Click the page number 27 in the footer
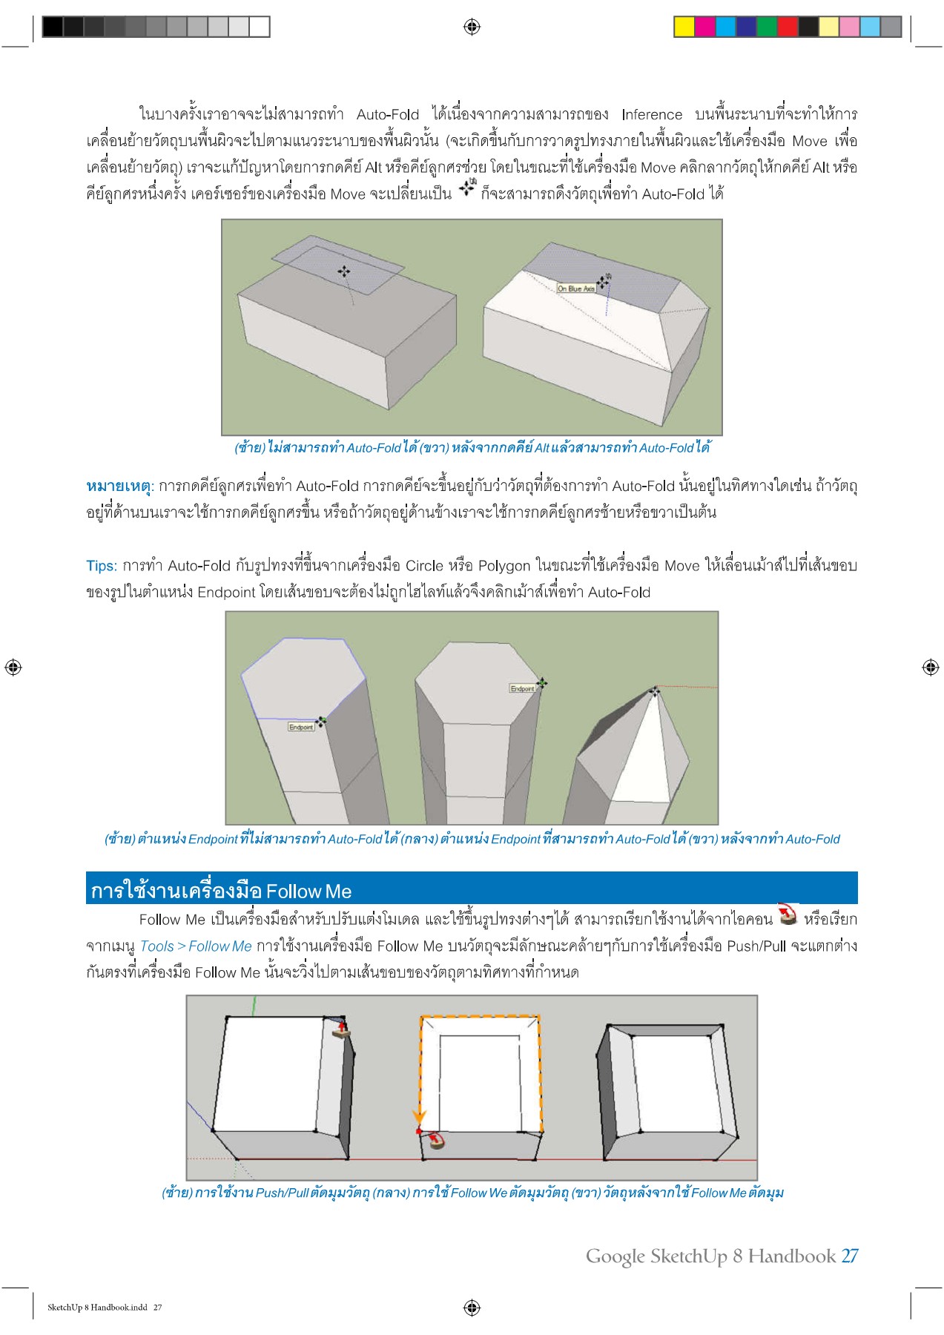coord(849,1256)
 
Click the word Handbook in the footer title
coord(791,1256)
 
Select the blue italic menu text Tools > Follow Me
coord(196,946)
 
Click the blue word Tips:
coord(102,566)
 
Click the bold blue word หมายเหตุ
coord(119,487)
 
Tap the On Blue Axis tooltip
coord(576,289)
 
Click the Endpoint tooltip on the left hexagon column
coord(301,727)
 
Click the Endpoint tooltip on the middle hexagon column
coord(522,688)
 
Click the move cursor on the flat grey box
coord(343,271)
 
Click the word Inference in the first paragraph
coord(652,114)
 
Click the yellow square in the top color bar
coord(684,27)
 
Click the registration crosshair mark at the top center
coord(472,27)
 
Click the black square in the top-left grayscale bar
coord(53,27)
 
